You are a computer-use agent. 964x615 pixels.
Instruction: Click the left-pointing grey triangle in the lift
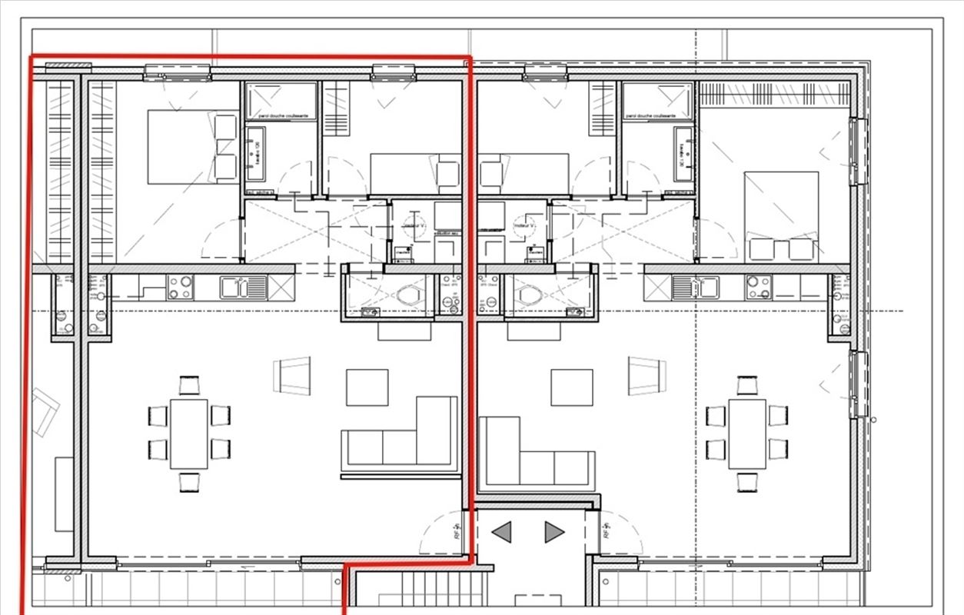[502, 532]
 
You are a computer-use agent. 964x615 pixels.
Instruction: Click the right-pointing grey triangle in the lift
[553, 532]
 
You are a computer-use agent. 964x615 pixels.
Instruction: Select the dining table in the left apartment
[188, 434]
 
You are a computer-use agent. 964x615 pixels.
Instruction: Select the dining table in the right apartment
[746, 434]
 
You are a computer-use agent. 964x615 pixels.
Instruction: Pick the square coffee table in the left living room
[367, 387]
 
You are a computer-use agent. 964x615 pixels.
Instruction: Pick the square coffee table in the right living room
[571, 387]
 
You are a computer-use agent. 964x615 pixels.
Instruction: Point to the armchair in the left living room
[293, 375]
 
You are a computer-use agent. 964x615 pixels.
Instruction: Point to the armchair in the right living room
[647, 375]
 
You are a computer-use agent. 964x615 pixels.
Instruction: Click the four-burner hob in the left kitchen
[181, 288]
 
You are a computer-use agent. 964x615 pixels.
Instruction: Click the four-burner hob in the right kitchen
[757, 288]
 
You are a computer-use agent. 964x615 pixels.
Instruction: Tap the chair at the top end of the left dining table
[188, 384]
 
